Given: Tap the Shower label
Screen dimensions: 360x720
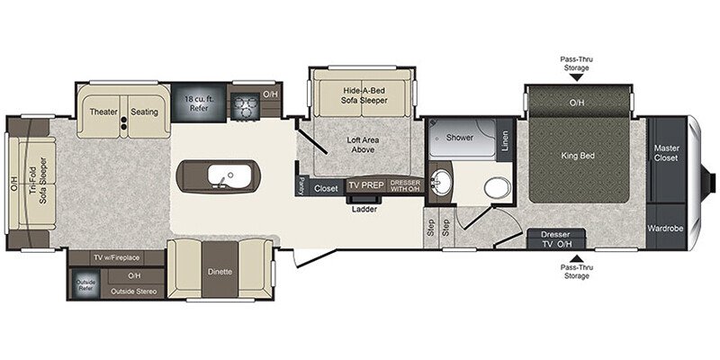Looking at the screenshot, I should pos(460,138).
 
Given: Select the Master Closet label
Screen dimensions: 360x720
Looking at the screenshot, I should pos(666,153).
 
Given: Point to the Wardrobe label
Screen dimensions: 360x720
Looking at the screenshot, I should pos(666,229).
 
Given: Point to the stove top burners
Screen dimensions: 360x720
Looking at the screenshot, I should pos(242,107).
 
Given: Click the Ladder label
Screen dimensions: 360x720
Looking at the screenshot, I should pos(365,209).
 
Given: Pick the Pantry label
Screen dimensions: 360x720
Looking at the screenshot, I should pos(300,184).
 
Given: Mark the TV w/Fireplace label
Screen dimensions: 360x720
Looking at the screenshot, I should pos(118,257).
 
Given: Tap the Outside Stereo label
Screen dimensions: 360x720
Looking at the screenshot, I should pos(132,292).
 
